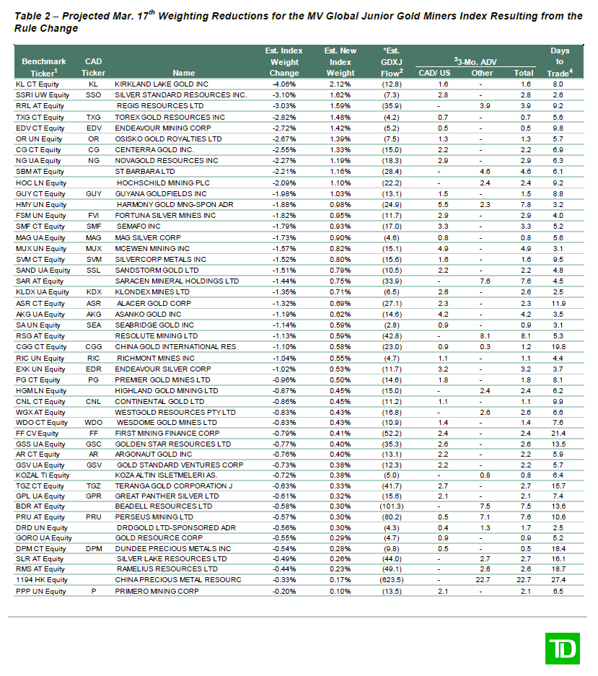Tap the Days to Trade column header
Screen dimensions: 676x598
tap(560, 61)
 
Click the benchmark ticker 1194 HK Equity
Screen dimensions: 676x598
tap(41, 580)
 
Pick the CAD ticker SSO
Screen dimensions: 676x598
tap(93, 95)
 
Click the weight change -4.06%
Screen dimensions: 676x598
tap(283, 84)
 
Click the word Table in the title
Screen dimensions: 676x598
tap(30, 16)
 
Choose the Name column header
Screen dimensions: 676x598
tap(184, 73)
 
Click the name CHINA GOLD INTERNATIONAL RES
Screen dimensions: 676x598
tap(175, 346)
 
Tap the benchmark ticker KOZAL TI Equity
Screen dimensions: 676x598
tap(43, 475)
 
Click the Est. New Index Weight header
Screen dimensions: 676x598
tap(340, 61)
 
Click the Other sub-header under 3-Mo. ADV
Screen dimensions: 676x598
tap(482, 73)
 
